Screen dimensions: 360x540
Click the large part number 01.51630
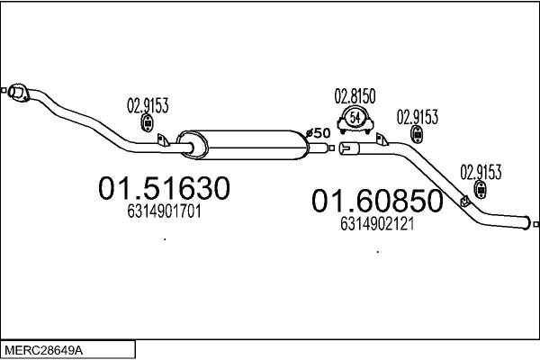coord(164,189)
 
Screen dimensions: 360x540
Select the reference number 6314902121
coord(376,225)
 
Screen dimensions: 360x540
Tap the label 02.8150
coord(355,94)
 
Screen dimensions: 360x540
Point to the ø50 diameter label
coord(319,134)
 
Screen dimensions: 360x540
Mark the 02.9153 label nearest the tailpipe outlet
coord(481,171)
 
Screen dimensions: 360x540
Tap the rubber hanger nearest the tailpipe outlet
coord(481,189)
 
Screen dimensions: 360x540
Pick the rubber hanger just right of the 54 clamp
coord(418,134)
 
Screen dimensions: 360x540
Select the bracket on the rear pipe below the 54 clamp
coord(382,139)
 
